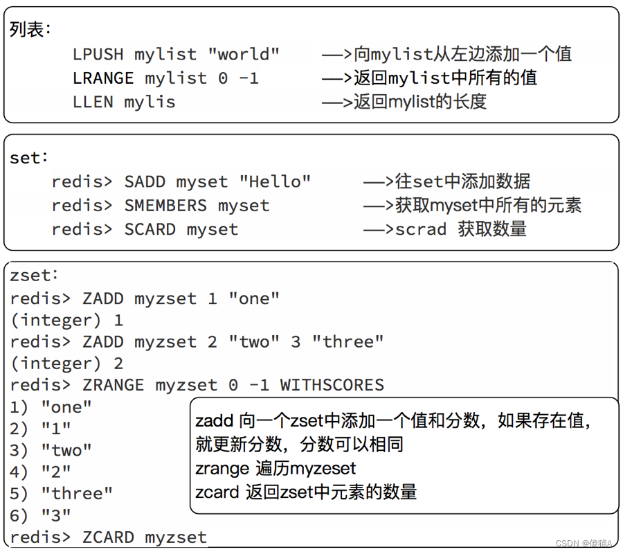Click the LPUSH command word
click(98, 55)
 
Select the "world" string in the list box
click(244, 54)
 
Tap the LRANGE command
click(103, 78)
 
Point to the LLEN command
click(93, 102)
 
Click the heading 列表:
click(30, 29)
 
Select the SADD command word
click(145, 181)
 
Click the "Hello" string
click(275, 181)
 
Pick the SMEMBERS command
click(165, 206)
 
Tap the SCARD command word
click(150, 229)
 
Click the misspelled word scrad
click(421, 229)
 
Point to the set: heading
click(28, 158)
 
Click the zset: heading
click(34, 275)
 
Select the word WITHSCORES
click(332, 385)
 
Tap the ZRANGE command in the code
click(114, 385)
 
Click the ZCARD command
click(108, 537)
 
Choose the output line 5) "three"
click(61, 494)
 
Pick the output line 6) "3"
click(40, 515)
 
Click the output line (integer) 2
click(66, 364)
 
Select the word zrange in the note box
click(222, 469)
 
